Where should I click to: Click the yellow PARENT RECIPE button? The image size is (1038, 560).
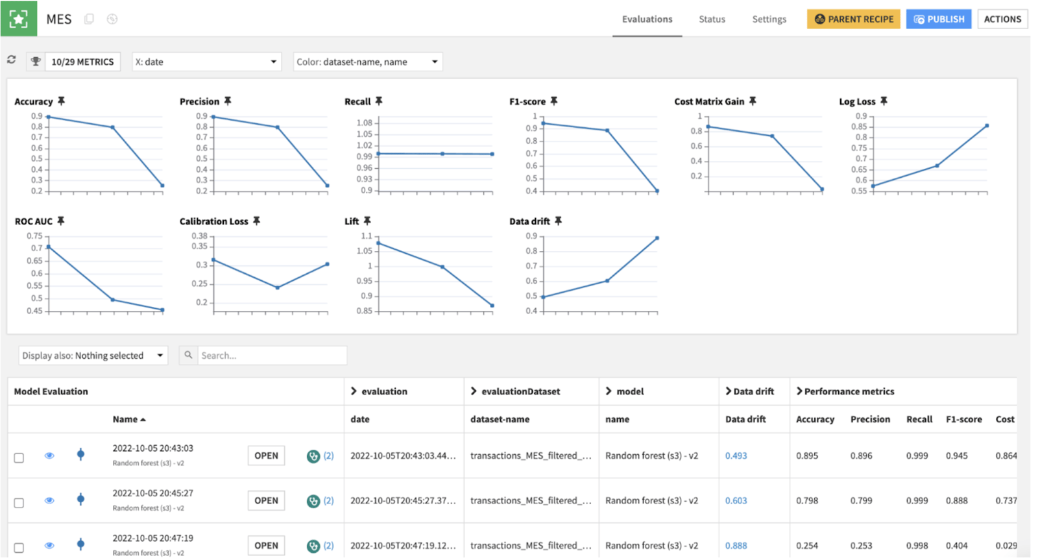coord(853,19)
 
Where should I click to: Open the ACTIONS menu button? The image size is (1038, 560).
coord(1002,19)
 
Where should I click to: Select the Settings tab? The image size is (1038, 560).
coord(769,19)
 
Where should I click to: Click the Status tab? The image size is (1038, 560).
coord(712,19)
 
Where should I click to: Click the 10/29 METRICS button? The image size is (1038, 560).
coord(82,62)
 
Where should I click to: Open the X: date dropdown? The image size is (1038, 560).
coord(206,62)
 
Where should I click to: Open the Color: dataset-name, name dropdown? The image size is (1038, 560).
coord(367,62)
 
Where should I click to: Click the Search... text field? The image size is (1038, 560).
coord(271,356)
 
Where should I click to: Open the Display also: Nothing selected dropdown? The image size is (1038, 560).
coord(93,356)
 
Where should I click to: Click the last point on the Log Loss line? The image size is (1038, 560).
coord(987,126)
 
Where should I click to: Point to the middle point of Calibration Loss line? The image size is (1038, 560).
coord(277,287)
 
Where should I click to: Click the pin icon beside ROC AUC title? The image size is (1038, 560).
coord(61,221)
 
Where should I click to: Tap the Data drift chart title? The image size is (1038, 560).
coord(529,221)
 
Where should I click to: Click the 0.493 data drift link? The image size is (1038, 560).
coord(736,456)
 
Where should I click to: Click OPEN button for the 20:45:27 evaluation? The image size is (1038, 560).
coord(266,500)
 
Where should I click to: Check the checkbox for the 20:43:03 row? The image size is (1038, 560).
coord(19,457)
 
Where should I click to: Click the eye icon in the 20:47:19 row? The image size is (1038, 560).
coord(49,545)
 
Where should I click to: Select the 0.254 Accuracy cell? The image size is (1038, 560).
coord(806,545)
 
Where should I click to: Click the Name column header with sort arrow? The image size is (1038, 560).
coord(128,419)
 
